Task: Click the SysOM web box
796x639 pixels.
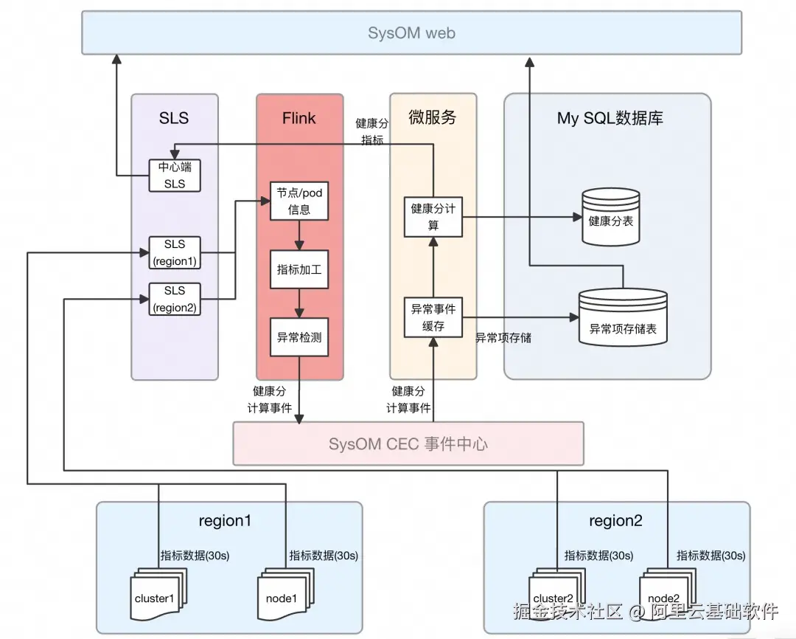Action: pyautogui.click(x=411, y=32)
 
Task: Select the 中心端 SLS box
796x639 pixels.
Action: pyautogui.click(x=175, y=175)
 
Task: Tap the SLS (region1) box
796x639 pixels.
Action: pyautogui.click(x=175, y=252)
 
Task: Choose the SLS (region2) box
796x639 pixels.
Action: pyautogui.click(x=175, y=299)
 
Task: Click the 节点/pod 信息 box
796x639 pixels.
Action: pyautogui.click(x=299, y=201)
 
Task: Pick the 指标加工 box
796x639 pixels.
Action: pyautogui.click(x=299, y=270)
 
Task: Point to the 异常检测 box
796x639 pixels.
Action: pyautogui.click(x=299, y=338)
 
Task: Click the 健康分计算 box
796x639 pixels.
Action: pyautogui.click(x=433, y=217)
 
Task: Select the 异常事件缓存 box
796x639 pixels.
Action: pyautogui.click(x=433, y=317)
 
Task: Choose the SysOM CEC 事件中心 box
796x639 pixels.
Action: pyautogui.click(x=408, y=443)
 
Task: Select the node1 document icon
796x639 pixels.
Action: pyautogui.click(x=281, y=598)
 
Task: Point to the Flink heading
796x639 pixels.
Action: pyautogui.click(x=298, y=118)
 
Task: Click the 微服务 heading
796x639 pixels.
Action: pyautogui.click(x=432, y=117)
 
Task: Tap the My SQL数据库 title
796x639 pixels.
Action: pyautogui.click(x=610, y=118)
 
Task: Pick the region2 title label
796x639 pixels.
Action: pyautogui.click(x=615, y=521)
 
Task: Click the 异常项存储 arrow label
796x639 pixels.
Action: pyautogui.click(x=503, y=338)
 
